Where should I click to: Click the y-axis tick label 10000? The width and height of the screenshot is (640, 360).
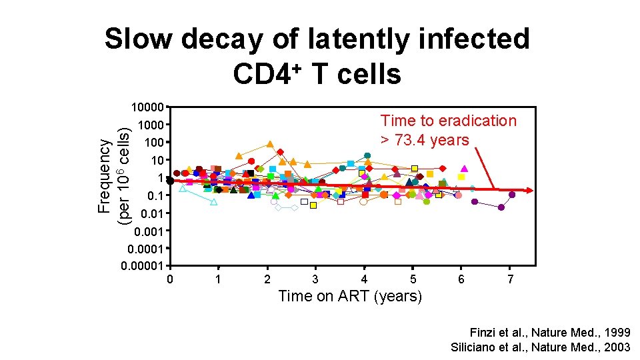pos(147,107)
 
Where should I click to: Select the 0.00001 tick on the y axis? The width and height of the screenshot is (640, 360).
pos(143,266)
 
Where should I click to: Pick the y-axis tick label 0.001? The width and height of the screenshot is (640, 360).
pos(149,231)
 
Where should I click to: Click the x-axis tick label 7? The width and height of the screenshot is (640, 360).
pos(510,279)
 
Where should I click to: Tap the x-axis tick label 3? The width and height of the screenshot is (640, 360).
pos(315,279)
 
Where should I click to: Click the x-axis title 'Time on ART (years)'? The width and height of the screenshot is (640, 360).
pos(350,296)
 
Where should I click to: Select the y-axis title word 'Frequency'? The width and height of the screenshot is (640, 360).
pos(105,176)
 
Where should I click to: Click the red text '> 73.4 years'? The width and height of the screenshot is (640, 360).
pos(425,139)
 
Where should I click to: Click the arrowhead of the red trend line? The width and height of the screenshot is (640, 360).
pos(529,191)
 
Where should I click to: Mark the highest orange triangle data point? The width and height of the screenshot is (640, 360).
pos(270,144)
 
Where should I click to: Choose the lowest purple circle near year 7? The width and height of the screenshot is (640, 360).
pos(501,207)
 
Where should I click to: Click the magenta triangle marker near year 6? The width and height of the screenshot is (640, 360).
pos(464,169)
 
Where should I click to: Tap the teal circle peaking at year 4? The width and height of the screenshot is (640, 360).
pos(367,155)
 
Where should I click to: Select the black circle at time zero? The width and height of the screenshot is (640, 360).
pos(170,181)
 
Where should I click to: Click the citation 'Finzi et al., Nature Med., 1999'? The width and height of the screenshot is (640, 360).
pos(550,332)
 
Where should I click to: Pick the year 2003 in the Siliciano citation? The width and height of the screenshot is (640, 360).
pos(617,347)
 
